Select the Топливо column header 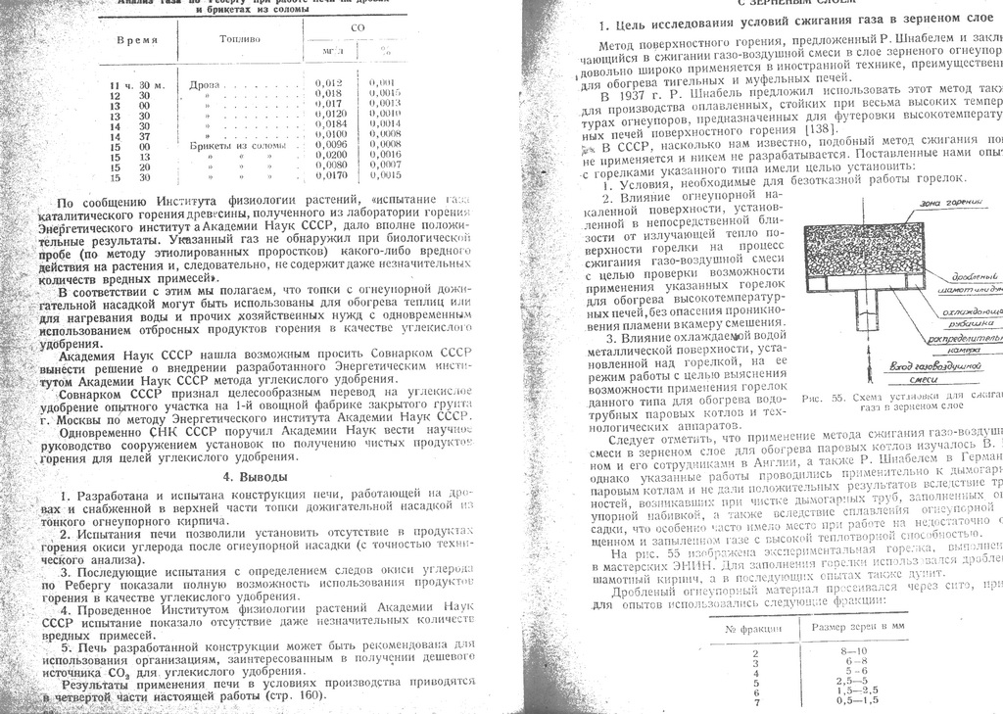point(240,41)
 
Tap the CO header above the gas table point(357,27)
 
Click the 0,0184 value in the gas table point(330,124)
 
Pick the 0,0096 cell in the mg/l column point(330,145)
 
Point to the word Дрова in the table point(205,83)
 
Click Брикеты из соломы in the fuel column point(238,145)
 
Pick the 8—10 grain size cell point(853,650)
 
